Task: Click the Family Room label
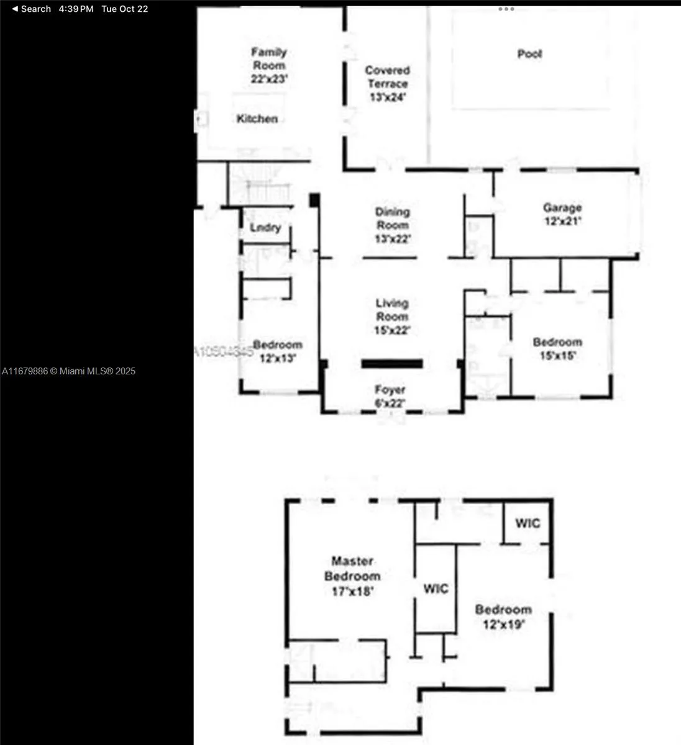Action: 269,65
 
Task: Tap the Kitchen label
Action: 257,119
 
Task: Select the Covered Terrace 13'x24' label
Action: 387,84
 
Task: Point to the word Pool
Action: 529,54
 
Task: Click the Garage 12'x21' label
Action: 562,214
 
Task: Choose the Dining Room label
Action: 392,225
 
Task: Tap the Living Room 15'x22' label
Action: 392,317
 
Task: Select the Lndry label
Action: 265,228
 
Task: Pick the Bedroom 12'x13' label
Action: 278,351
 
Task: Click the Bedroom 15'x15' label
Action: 557,349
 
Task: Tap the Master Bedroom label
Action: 352,576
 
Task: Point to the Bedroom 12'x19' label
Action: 503,616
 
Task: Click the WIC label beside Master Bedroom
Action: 436,589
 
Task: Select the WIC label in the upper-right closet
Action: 528,523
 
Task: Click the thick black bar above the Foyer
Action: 392,364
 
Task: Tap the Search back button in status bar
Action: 31,9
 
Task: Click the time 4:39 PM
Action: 76,9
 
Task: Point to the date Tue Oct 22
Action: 125,9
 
